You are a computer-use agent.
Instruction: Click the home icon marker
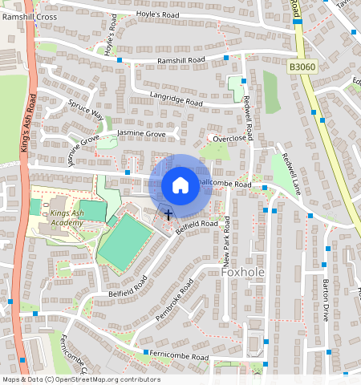pos(180,185)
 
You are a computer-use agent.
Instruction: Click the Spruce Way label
pos(86,109)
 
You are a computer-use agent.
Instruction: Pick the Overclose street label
pos(229,137)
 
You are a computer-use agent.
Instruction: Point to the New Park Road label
pos(227,253)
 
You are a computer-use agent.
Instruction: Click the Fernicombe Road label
pos(176,355)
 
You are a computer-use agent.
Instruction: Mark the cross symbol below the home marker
pos(168,213)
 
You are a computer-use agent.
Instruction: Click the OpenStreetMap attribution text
pos(81,379)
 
